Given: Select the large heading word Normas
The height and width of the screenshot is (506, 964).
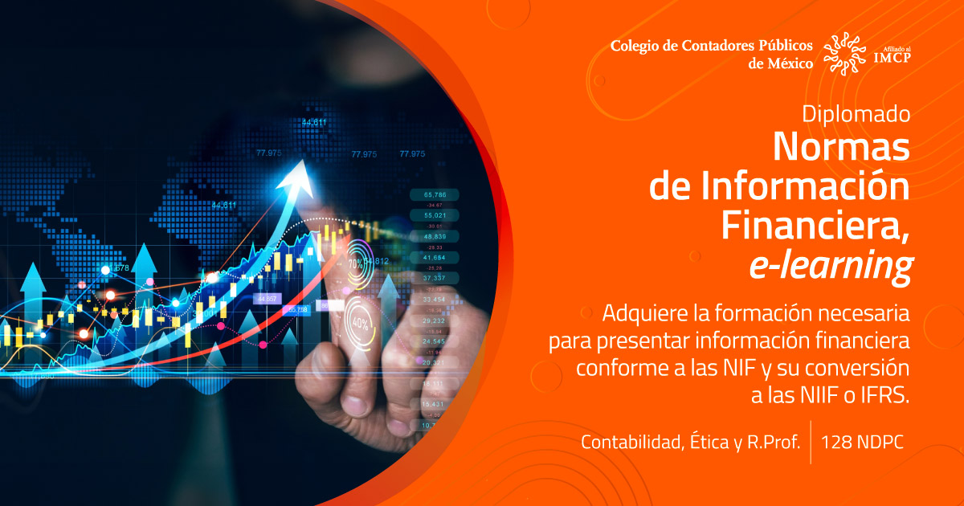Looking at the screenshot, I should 841,147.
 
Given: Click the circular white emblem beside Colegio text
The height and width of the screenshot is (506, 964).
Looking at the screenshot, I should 846,53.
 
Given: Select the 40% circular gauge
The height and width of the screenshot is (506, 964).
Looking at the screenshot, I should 359,324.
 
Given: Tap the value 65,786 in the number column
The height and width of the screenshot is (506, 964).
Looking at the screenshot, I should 435,194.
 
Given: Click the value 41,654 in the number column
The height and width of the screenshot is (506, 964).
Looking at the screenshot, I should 435,257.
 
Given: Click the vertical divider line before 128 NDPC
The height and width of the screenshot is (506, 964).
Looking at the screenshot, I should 811,442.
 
